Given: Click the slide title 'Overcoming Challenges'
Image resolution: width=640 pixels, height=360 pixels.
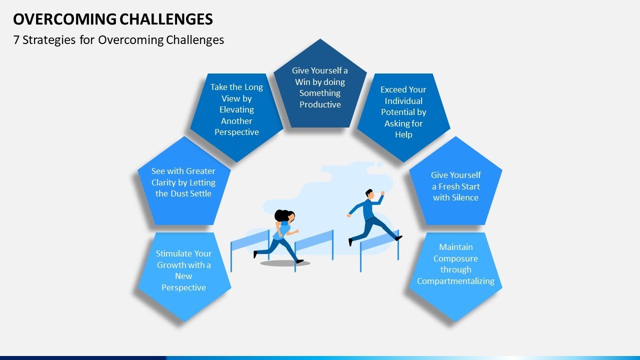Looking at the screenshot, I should pos(113,19).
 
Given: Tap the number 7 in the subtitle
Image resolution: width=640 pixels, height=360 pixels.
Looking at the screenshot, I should pos(16,40).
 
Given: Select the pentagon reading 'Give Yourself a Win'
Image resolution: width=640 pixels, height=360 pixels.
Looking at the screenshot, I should pos(320,87).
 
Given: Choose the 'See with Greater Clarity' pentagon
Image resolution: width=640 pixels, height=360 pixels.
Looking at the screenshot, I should pos(183,182).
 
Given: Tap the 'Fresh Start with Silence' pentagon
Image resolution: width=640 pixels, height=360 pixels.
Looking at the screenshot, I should pos(455,186).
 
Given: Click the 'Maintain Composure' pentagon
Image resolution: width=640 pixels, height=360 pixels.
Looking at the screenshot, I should pos(455,270).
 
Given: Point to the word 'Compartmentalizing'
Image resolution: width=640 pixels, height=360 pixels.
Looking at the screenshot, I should pos(455,281).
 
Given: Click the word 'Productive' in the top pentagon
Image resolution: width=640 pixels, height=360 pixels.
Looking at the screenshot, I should pos(320,104).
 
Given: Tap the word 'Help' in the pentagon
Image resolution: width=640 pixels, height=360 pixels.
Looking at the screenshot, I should pos(403,134).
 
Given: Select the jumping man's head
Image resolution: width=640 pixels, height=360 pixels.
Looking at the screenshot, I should pos(369,193).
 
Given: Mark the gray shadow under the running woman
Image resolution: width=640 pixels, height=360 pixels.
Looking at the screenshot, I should pos(285,263).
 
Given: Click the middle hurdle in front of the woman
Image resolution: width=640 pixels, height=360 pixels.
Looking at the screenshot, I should pos(314,241).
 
